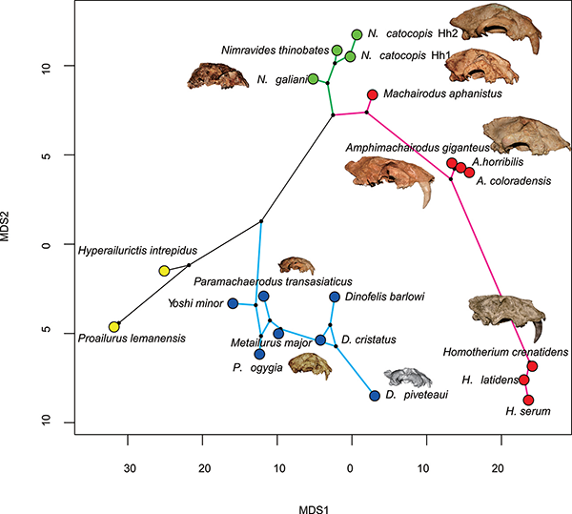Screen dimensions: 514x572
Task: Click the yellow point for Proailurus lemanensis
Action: (114, 327)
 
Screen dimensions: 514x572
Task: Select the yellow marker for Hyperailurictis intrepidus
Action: (164, 271)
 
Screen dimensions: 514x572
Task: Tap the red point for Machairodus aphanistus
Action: (373, 94)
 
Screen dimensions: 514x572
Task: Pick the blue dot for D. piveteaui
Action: (375, 396)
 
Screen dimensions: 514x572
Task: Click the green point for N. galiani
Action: (313, 78)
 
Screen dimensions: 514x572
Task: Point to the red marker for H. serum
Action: (528, 400)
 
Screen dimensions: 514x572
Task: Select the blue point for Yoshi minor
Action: (233, 303)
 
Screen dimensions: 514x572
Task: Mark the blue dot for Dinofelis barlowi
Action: (335, 297)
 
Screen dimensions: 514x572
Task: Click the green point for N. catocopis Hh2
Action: (357, 34)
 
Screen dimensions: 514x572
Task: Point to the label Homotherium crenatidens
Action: (491, 351)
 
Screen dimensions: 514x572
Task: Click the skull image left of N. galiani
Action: (217, 74)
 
